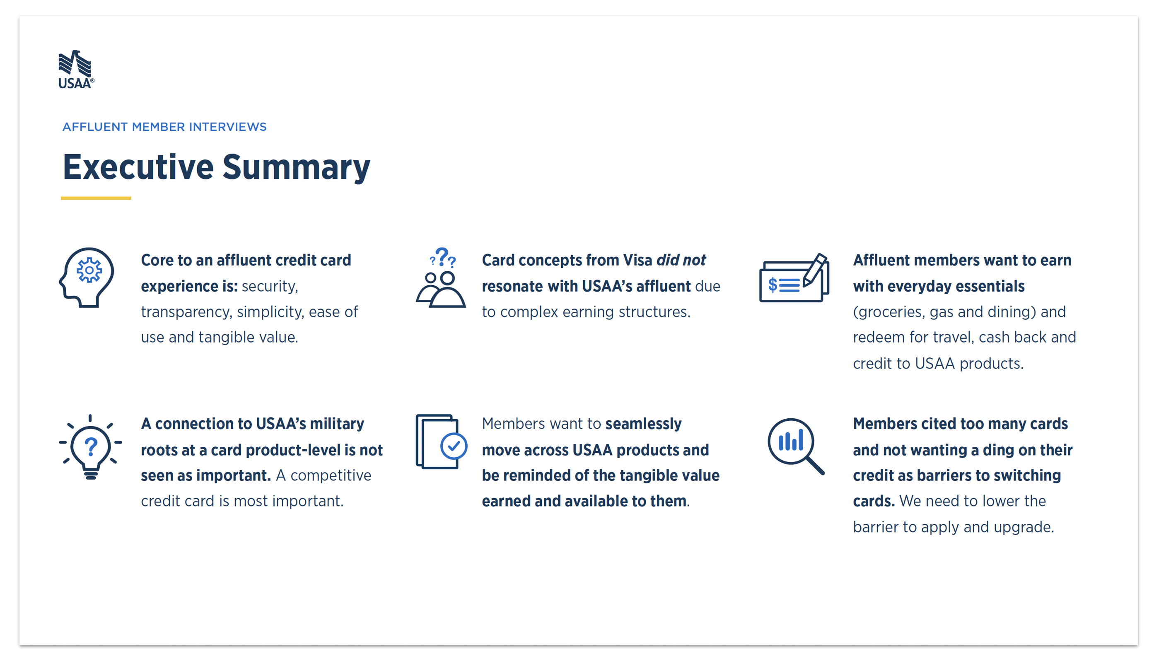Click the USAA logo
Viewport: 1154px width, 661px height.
[76, 69]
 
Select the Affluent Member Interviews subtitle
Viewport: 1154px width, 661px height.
[164, 127]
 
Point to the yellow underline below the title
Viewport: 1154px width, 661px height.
[96, 198]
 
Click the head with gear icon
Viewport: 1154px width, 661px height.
[86, 277]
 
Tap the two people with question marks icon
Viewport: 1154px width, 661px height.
[441, 277]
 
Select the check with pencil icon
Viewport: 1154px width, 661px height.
[794, 277]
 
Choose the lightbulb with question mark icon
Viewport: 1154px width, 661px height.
[90, 447]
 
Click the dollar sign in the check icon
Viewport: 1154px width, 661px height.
[772, 285]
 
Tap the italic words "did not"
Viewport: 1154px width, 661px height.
[681, 260]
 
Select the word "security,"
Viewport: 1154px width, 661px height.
[270, 287]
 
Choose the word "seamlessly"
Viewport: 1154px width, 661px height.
[643, 424]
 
